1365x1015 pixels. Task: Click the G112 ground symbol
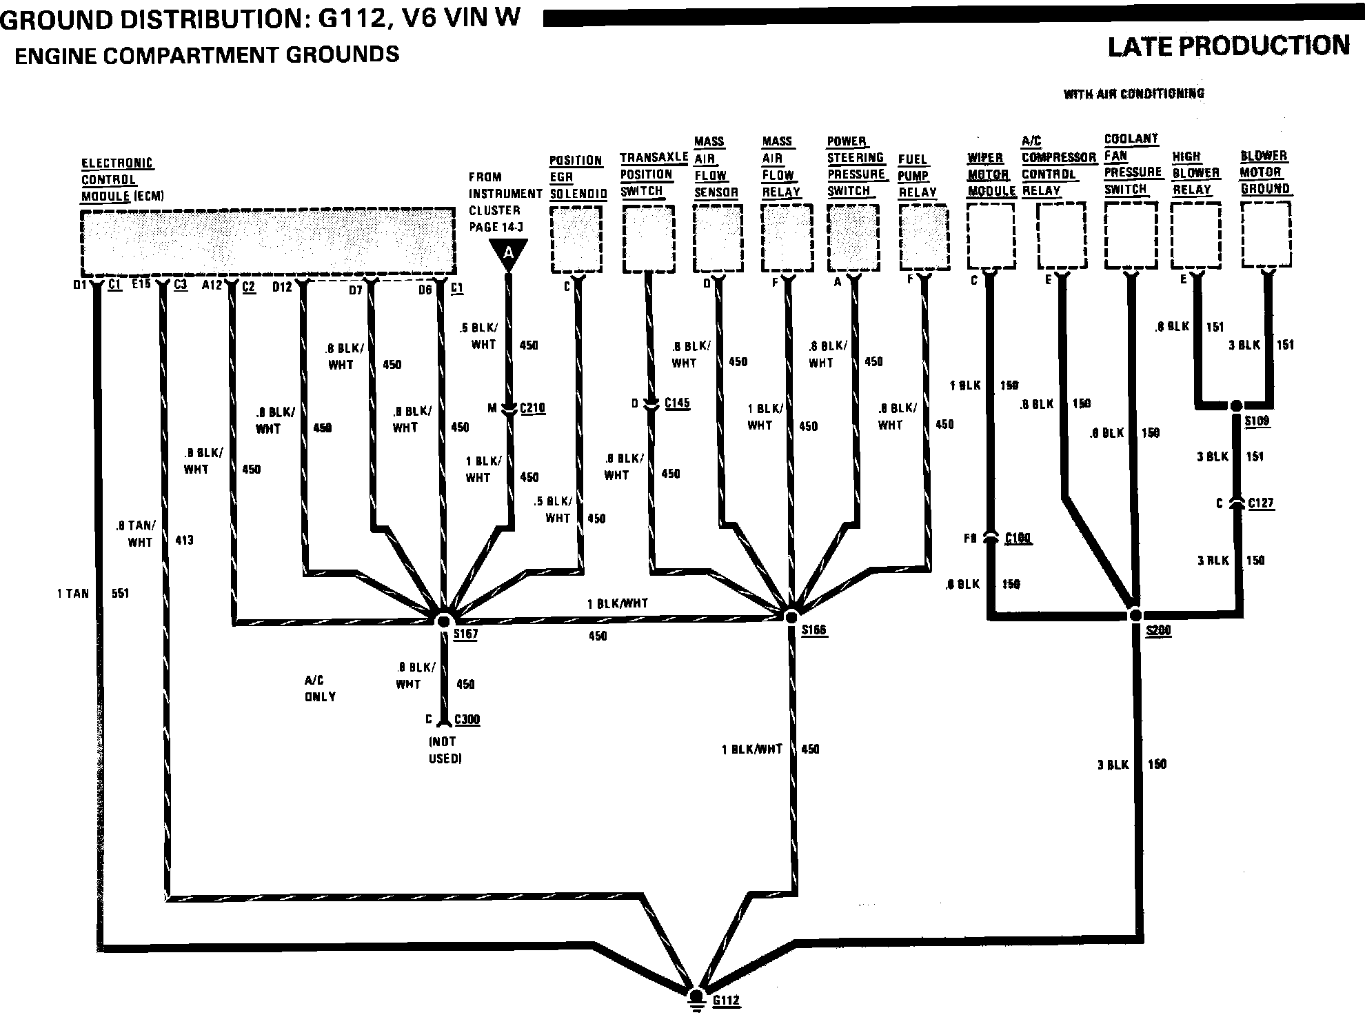click(x=697, y=998)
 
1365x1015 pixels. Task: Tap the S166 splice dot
click(x=792, y=616)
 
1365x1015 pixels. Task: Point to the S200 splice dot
click(x=1135, y=614)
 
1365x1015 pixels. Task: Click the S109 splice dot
click(x=1237, y=405)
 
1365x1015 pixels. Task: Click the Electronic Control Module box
click(x=267, y=241)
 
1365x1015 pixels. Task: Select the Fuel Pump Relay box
click(x=924, y=237)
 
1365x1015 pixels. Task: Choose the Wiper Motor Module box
click(x=991, y=235)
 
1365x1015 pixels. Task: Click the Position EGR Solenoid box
click(x=576, y=239)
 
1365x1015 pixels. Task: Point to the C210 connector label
click(x=532, y=408)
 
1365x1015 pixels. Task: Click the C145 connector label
click(x=677, y=403)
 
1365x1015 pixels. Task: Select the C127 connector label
click(x=1261, y=503)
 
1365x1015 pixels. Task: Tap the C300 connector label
click(x=467, y=719)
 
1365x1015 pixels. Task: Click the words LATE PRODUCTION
click(x=1228, y=46)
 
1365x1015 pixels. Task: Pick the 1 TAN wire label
click(x=73, y=593)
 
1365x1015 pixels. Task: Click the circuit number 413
click(x=184, y=540)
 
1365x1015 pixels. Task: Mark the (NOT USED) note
click(x=445, y=750)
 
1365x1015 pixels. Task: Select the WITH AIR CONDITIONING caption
click(x=1133, y=94)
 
